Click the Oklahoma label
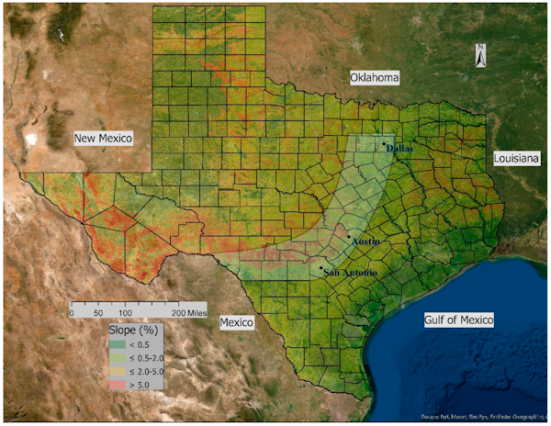(x=375, y=78)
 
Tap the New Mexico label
(x=104, y=138)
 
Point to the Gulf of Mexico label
(x=458, y=319)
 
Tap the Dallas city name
(x=402, y=147)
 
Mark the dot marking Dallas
(x=384, y=143)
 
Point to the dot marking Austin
(x=348, y=239)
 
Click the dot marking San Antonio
(x=321, y=270)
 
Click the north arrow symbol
(x=479, y=56)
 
